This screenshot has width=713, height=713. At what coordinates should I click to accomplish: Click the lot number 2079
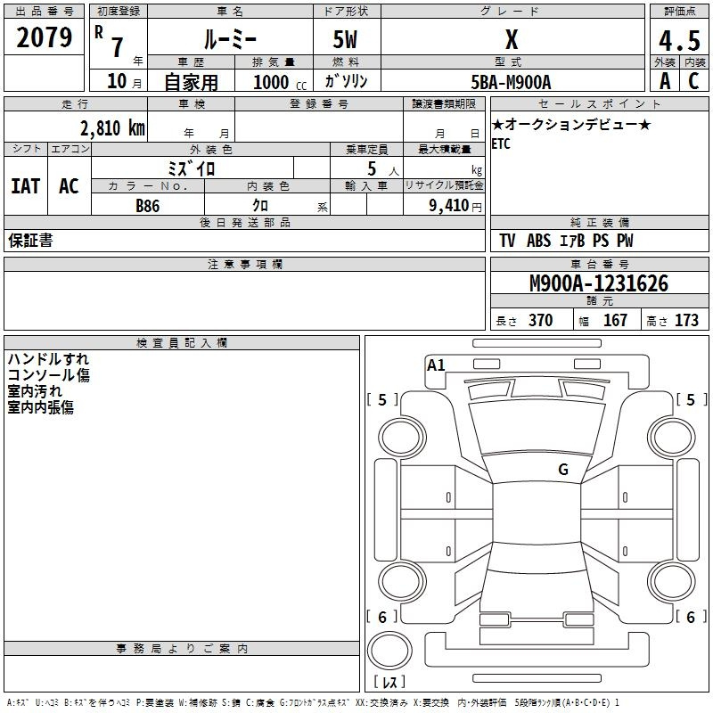45,37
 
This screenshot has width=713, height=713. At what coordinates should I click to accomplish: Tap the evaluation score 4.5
678,41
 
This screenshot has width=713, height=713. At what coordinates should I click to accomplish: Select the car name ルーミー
229,40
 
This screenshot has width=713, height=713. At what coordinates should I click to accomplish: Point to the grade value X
512,40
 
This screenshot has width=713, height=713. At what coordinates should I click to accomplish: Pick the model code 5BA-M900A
512,82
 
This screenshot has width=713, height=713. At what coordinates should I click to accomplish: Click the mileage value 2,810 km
111,127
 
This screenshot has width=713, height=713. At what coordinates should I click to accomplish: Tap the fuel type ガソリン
347,81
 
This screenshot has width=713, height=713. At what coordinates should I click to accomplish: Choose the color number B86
147,205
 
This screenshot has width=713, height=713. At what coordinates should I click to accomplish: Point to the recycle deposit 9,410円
445,205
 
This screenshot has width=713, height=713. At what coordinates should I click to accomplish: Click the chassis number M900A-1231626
599,283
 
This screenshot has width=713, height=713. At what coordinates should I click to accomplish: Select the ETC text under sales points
501,144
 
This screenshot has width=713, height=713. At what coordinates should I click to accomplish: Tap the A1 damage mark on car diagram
436,365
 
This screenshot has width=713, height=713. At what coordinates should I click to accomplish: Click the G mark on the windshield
562,469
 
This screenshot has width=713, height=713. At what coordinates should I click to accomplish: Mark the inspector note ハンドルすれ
48,359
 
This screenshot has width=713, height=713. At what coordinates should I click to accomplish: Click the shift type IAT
25,185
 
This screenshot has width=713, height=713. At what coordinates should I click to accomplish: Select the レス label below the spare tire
393,682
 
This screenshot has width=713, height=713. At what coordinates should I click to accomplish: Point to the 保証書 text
30,241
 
